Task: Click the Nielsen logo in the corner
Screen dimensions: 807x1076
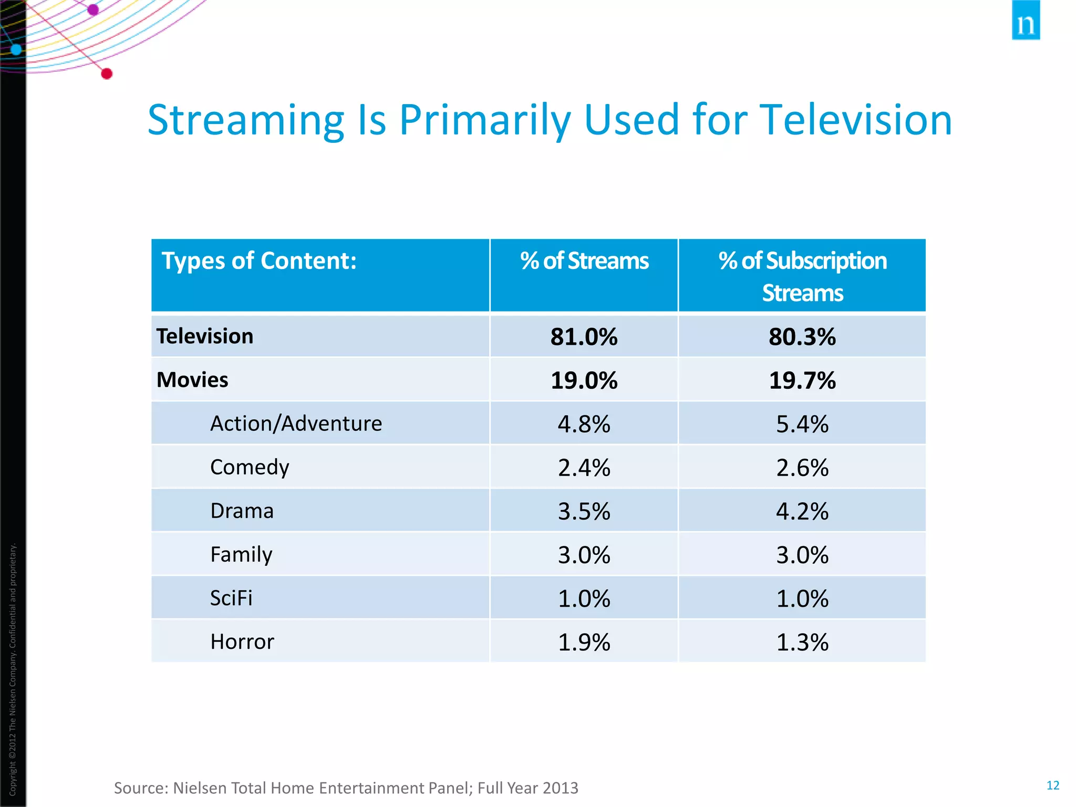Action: (1025, 20)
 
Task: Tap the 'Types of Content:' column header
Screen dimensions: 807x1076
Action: (259, 261)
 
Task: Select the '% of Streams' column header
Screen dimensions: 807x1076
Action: (584, 261)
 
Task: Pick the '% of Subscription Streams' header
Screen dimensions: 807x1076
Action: (802, 276)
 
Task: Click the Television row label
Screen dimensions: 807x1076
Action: (205, 336)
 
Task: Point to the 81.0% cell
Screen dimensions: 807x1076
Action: (584, 337)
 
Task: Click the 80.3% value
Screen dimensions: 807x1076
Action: (802, 337)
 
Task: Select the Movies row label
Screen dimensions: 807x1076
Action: (192, 380)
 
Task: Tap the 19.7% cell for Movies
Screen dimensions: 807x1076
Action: (802, 380)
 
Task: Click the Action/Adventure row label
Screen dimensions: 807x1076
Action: (296, 423)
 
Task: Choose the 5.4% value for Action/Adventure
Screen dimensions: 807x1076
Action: (802, 424)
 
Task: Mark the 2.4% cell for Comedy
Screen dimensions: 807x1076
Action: (584, 468)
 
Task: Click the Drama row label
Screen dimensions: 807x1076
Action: (242, 511)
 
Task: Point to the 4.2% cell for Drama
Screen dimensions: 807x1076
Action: (802, 511)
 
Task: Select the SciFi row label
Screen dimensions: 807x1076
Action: (231, 598)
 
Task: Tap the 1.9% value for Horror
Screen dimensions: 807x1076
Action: (584, 642)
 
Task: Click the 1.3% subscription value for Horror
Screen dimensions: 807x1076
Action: (802, 642)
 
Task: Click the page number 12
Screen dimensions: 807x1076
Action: (1052, 785)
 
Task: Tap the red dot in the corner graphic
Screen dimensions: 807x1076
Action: (107, 74)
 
